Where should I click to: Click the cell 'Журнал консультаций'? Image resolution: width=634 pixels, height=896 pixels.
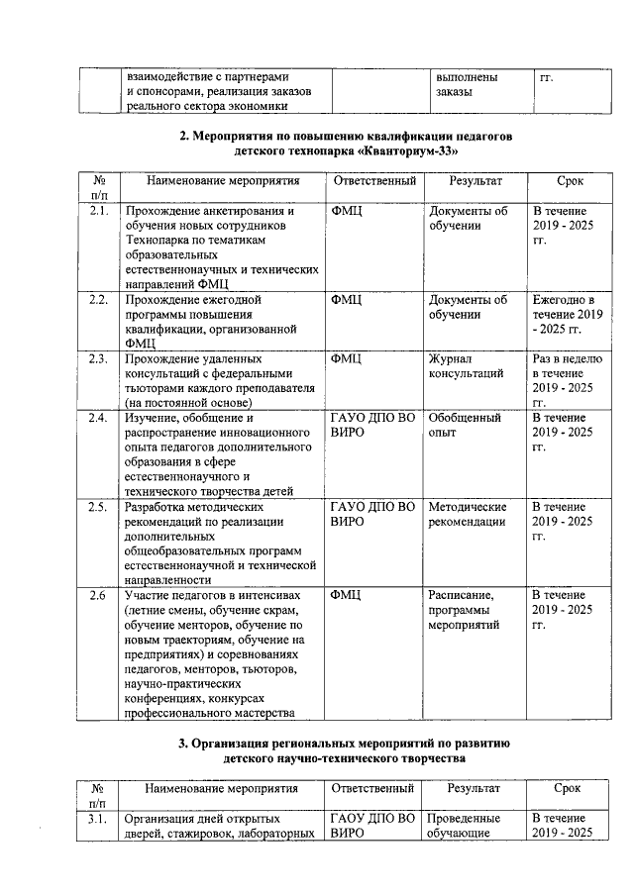click(x=466, y=366)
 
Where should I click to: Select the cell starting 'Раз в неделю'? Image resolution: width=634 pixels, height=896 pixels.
click(x=568, y=380)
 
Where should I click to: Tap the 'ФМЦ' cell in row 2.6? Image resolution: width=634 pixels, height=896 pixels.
click(x=346, y=595)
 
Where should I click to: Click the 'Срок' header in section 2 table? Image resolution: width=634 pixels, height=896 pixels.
click(x=570, y=182)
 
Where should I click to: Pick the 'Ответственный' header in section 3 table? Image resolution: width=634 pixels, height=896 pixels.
click(x=372, y=789)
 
